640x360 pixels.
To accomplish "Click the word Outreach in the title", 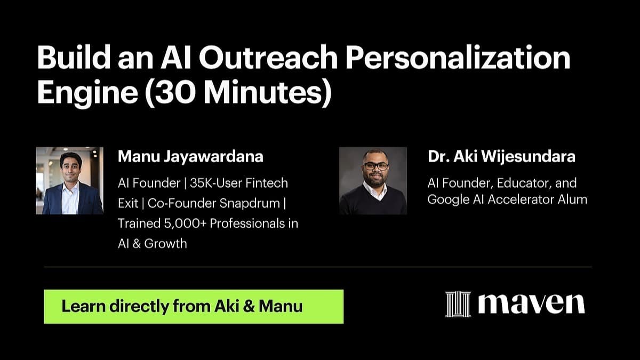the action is (269, 58).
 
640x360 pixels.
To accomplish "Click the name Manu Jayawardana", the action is (190, 157).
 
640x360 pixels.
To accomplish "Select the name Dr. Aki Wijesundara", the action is (501, 157).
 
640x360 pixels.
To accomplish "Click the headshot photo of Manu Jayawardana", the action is (70, 181).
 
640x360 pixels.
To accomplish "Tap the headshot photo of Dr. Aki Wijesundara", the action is (373, 181).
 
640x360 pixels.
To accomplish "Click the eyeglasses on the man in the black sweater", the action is (376, 166).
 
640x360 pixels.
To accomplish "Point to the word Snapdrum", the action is (250, 203).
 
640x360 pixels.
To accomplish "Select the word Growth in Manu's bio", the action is (165, 243).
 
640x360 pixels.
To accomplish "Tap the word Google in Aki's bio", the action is (449, 199).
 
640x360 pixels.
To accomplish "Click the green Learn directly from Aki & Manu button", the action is (194, 307).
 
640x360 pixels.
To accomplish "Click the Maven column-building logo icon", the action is (458, 304).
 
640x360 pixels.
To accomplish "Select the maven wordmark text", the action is (531, 303).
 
